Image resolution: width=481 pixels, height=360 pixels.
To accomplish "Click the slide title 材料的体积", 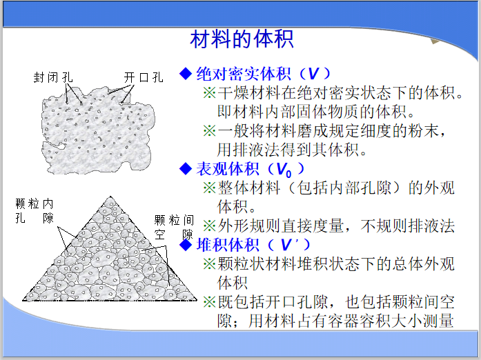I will [x=241, y=39].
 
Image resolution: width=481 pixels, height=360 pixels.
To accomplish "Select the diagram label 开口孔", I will [x=144, y=77].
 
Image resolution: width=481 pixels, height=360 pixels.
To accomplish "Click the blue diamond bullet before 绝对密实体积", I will [x=184, y=74].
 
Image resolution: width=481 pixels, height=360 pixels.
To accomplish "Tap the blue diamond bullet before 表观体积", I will [x=184, y=168].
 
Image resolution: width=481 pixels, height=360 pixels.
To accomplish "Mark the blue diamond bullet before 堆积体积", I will [x=184, y=244].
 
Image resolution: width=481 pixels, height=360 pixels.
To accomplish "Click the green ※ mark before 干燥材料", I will [x=209, y=93].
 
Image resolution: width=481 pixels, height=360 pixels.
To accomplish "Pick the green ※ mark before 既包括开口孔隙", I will [x=209, y=301].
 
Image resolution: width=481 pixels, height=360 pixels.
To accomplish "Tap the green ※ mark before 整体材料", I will [x=209, y=187].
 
